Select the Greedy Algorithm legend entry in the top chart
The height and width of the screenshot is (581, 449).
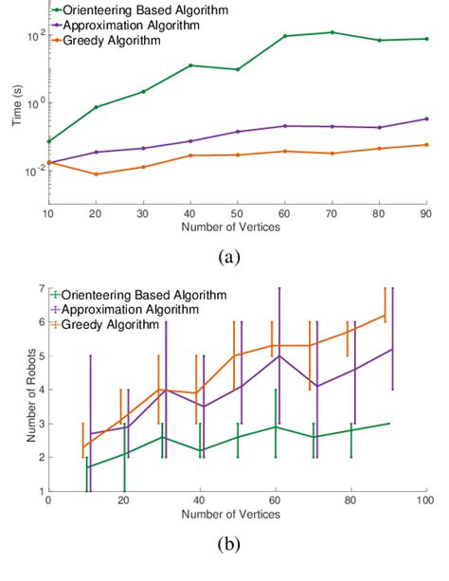122,41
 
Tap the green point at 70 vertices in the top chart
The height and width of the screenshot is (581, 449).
332,32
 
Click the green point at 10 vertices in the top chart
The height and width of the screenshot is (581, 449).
48,141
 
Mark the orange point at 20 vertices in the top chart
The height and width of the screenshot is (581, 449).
96,174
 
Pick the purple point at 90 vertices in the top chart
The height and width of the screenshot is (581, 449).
426,118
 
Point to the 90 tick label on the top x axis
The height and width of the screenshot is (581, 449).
425,215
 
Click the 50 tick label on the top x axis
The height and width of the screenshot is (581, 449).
237,215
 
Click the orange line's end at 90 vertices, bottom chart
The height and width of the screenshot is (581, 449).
385,316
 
